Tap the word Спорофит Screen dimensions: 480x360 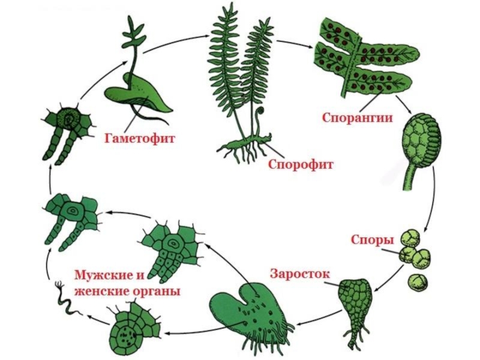(x=300, y=163)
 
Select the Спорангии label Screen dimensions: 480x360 (x=357, y=117)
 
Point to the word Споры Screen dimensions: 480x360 (x=372, y=240)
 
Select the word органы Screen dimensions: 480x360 (x=158, y=291)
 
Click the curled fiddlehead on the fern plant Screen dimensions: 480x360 (x=260, y=113)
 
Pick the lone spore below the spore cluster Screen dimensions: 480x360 (x=417, y=281)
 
